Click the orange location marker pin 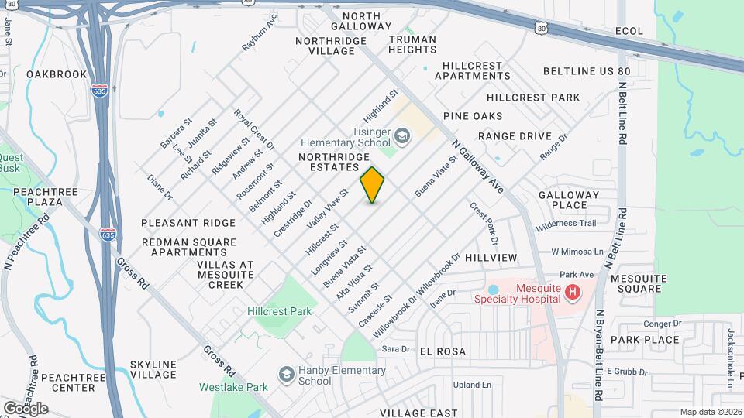coord(373,185)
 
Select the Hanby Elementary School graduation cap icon coord(286,375)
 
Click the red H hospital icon coord(572,292)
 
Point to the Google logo coord(26,408)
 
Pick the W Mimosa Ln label coord(577,252)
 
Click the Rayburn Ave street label coord(260,33)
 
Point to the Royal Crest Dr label coord(254,129)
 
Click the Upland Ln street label coord(472,385)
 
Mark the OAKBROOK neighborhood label coord(57,74)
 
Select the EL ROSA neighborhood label coord(443,351)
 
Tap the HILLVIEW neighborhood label coord(491,257)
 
